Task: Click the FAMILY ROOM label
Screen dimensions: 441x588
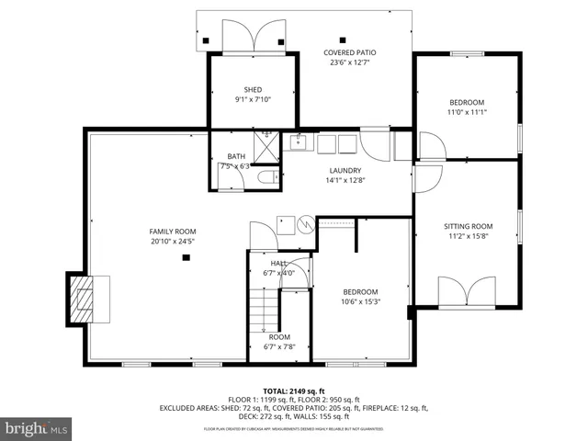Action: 173,232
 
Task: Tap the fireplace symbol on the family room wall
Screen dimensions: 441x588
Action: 82,299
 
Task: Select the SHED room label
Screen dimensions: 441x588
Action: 253,90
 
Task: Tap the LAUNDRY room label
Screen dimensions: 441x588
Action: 345,170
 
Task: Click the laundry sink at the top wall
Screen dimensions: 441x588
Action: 299,142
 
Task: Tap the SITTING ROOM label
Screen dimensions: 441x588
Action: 469,226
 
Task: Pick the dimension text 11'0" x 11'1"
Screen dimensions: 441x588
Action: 468,113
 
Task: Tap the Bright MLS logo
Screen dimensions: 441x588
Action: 37,428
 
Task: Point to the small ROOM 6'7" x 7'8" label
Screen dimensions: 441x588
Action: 279,337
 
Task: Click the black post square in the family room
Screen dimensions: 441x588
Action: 186,258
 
